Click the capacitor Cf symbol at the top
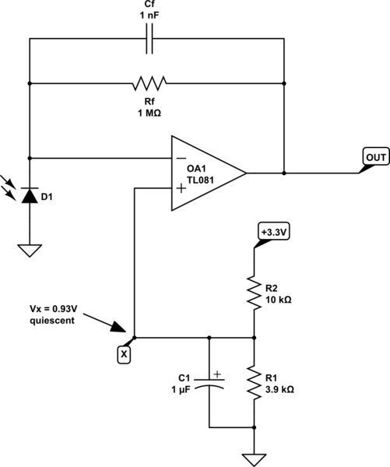tap(150, 40)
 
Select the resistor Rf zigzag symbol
tap(150, 83)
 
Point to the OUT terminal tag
tap(375, 158)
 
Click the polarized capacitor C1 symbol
tap(209, 382)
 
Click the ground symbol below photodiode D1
tap(29, 251)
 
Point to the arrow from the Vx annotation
tap(101, 321)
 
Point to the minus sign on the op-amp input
tap(181, 159)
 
